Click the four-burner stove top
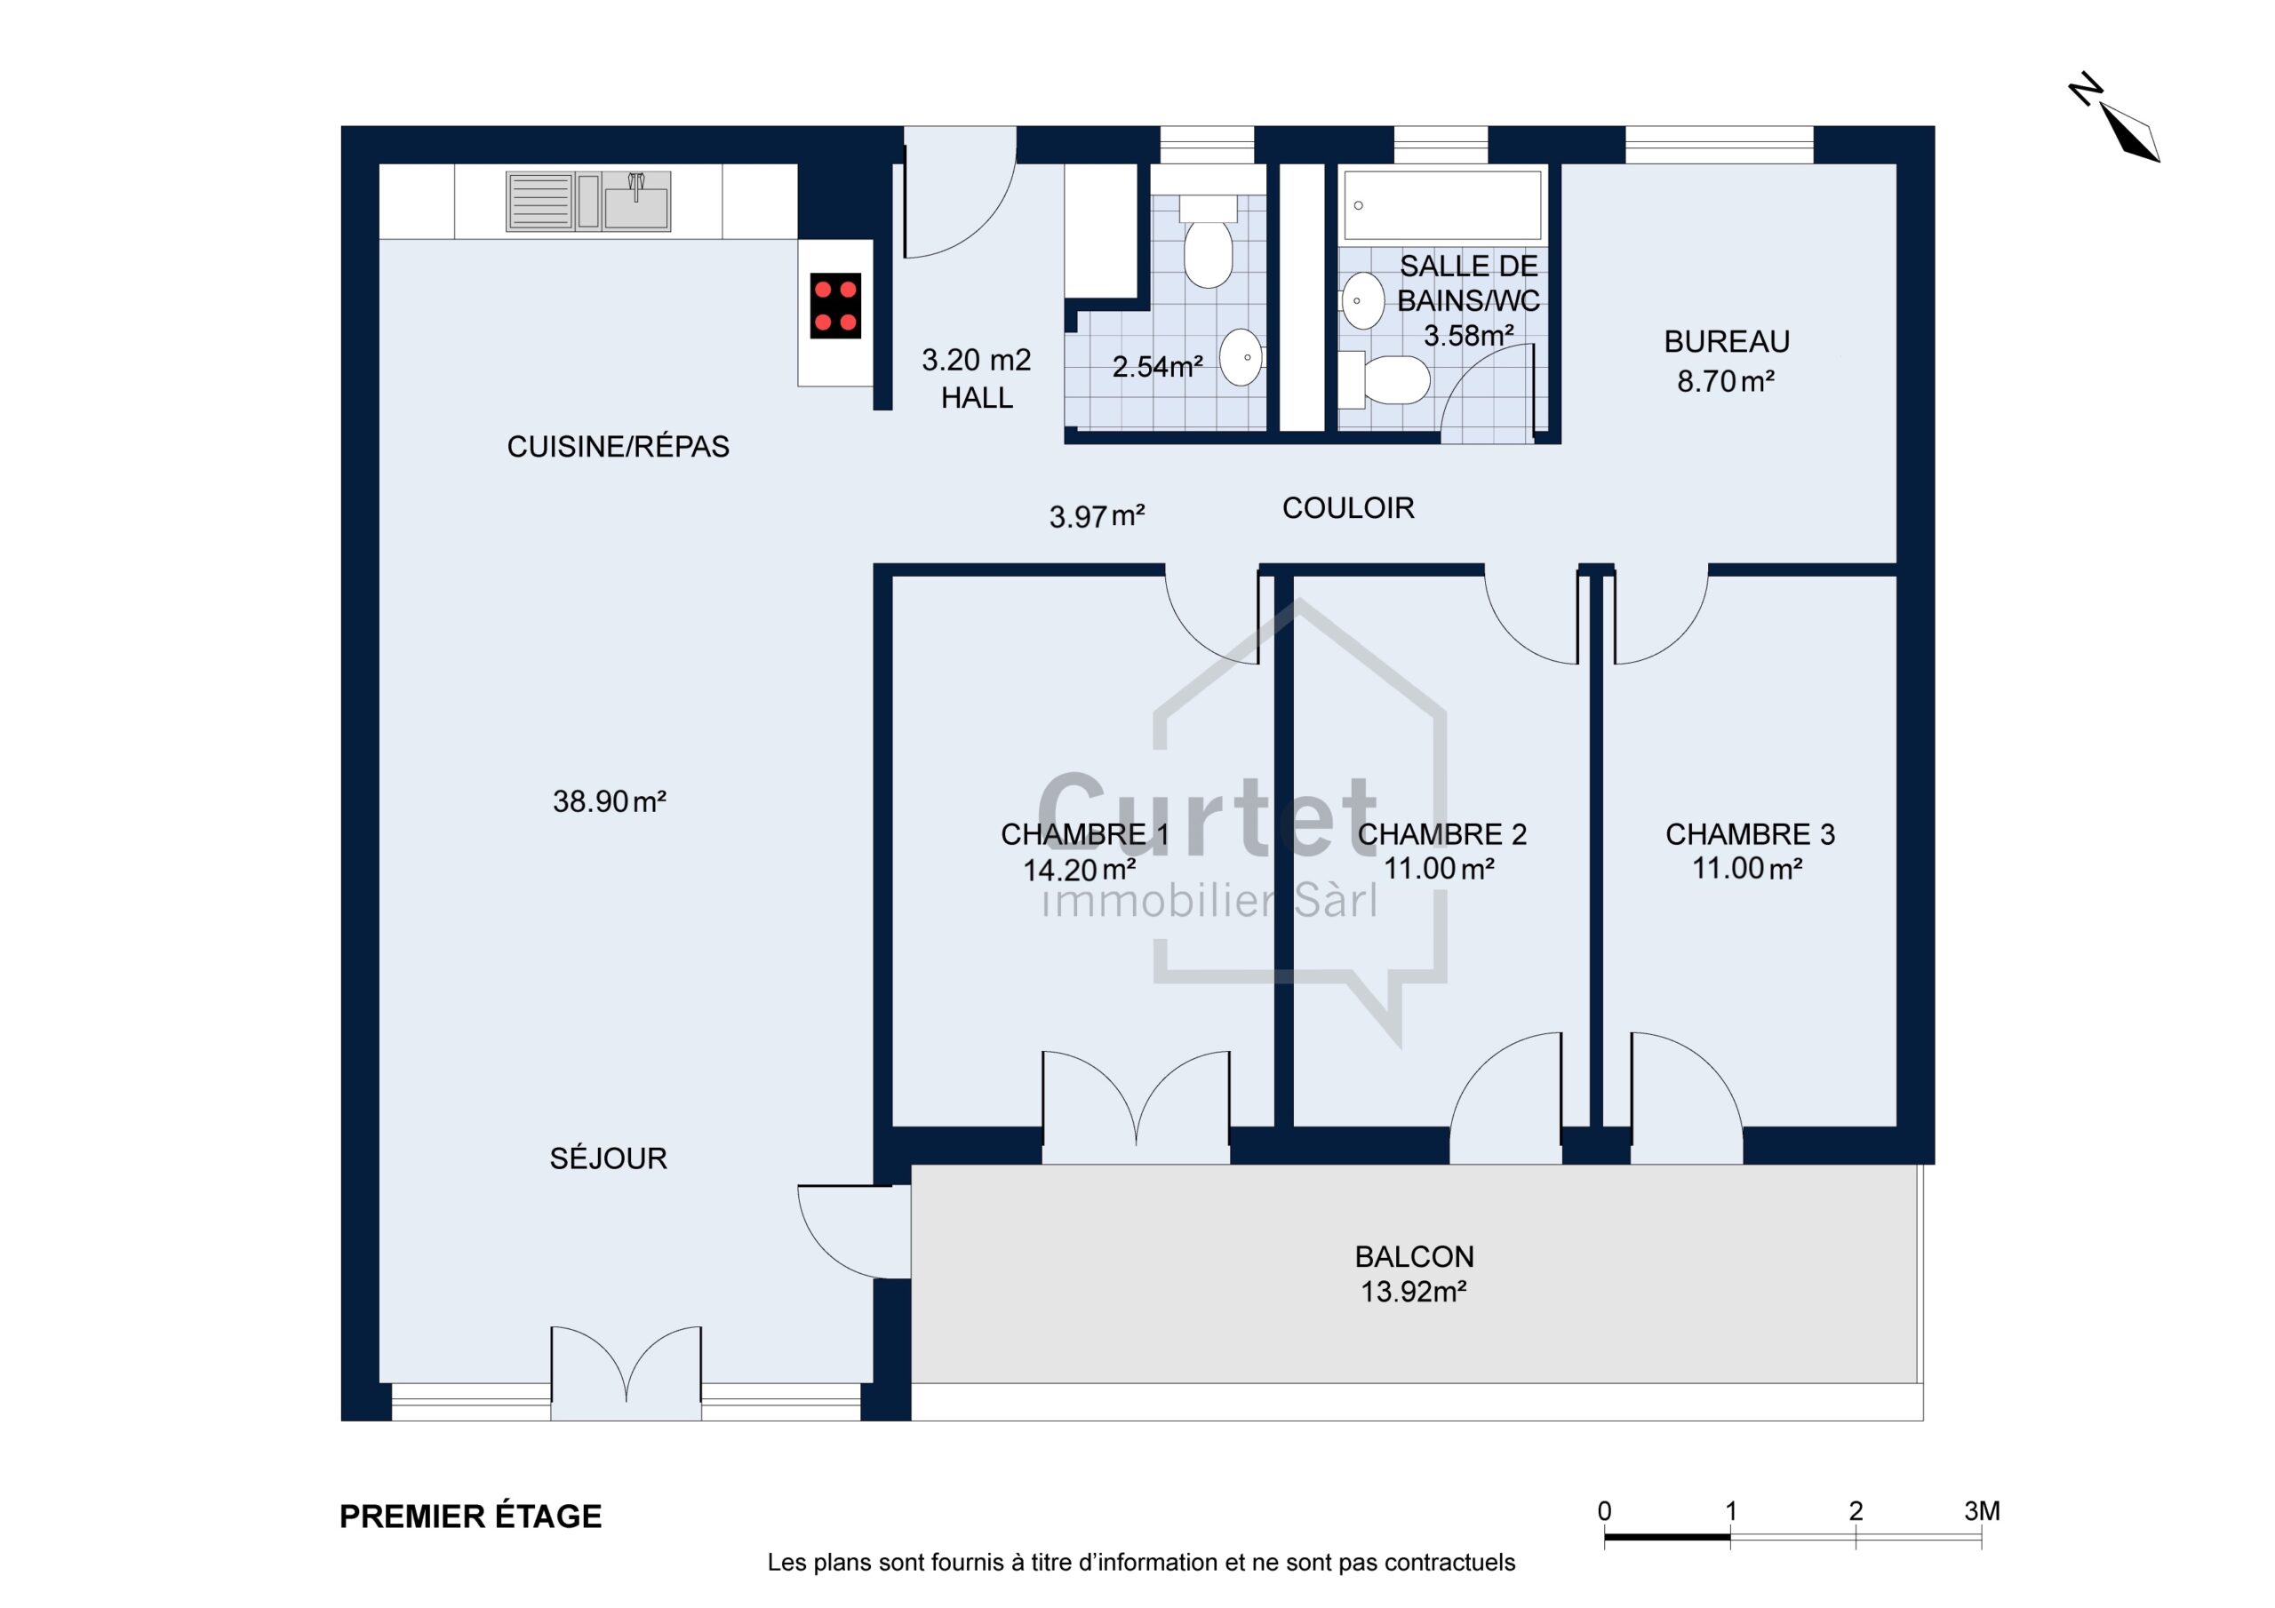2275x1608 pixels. pos(835,305)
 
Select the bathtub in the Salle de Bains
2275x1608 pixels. pos(1441,205)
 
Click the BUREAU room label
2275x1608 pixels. pos(1726,342)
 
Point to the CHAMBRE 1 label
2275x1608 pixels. pos(1085,834)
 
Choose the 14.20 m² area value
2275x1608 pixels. pos(1079,870)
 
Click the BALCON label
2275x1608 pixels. pos(1414,1256)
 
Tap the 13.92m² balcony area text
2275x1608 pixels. pos(1413,1291)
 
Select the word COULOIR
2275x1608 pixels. pos(1347,508)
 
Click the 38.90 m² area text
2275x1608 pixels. pos(610,800)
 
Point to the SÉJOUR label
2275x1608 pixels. pos(609,1158)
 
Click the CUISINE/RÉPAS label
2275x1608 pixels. pos(619,447)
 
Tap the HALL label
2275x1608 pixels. pos(976,397)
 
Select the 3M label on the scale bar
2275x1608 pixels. pos(1982,1511)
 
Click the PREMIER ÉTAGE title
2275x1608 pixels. pos(471,1516)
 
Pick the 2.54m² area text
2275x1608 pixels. pos(1157,367)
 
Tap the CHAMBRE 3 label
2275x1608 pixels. pos(1750,834)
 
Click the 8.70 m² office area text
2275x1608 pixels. pos(1725,380)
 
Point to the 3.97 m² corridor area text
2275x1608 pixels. pos(1097,516)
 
